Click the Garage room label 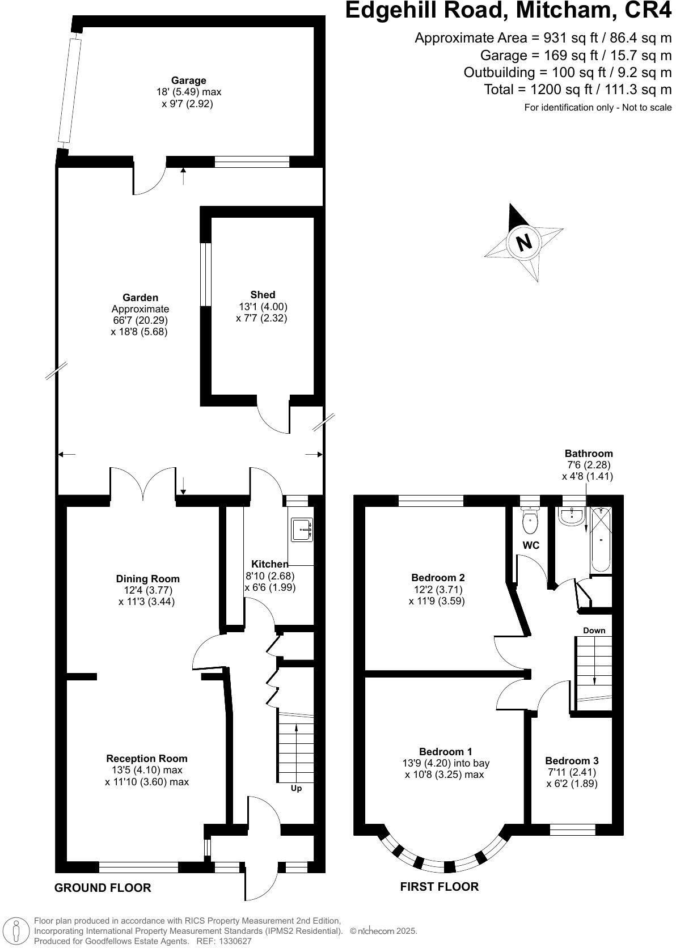(x=189, y=81)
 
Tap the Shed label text (x=263, y=295)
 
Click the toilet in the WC (x=530, y=520)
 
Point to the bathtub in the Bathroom (x=600, y=539)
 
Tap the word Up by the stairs (x=296, y=788)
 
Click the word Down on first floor (x=594, y=630)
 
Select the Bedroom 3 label (x=572, y=761)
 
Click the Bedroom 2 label (x=438, y=578)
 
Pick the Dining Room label (x=147, y=579)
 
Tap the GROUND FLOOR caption (x=103, y=888)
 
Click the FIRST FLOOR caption (x=439, y=886)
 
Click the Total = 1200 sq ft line (x=577, y=90)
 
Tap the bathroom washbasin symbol (x=572, y=514)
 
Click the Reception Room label (x=146, y=759)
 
